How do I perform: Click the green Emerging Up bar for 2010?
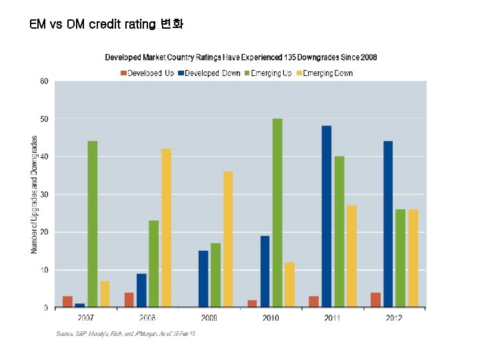(277, 213)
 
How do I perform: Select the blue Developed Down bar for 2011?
(327, 217)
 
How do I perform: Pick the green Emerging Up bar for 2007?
(92, 224)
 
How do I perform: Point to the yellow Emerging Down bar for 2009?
(228, 239)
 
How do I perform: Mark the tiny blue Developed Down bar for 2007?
(80, 305)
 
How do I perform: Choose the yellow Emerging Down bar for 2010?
(289, 285)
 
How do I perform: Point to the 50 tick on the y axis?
(43, 119)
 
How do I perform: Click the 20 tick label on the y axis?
(43, 232)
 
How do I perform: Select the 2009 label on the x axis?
(209, 318)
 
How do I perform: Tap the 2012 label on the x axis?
(394, 318)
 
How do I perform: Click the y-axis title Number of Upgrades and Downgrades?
(34, 195)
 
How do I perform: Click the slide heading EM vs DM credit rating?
(106, 25)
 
